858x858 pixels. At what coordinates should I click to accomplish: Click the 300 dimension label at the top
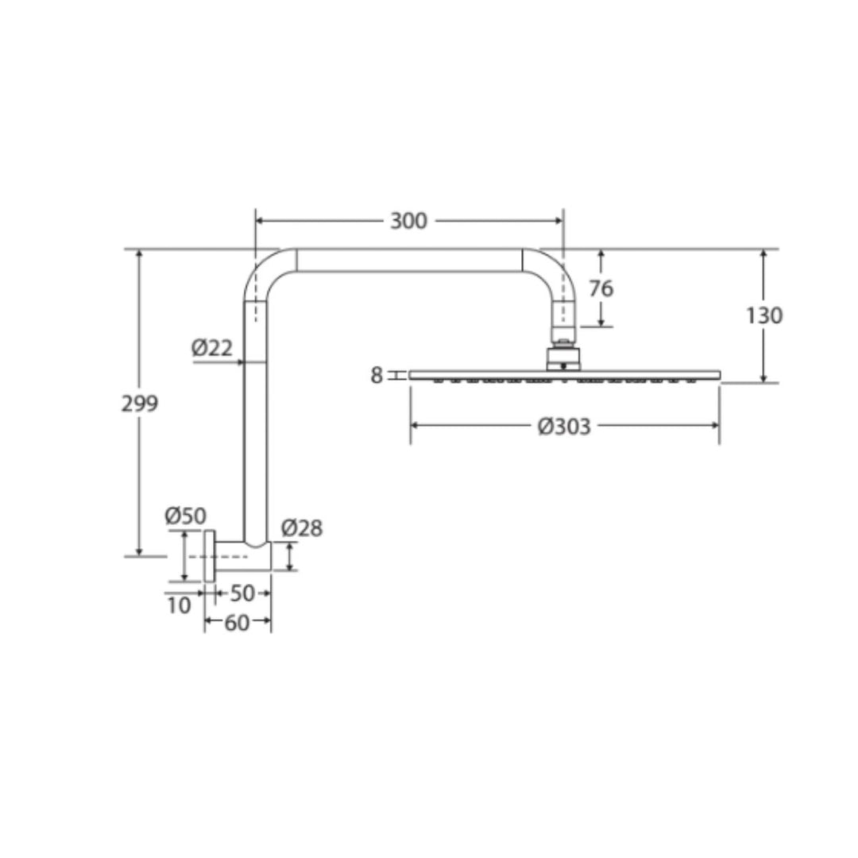408,221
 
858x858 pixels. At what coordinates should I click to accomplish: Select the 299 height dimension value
139,404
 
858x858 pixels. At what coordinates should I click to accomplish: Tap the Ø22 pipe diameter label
212,348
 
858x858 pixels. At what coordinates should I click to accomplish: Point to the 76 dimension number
601,288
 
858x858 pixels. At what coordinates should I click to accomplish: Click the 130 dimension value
764,315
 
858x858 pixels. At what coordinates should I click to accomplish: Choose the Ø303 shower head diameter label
564,427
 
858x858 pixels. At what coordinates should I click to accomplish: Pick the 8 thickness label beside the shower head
377,375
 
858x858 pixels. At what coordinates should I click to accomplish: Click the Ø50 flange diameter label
186,516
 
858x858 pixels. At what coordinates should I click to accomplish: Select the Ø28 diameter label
302,528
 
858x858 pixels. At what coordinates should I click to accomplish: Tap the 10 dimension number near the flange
179,605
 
